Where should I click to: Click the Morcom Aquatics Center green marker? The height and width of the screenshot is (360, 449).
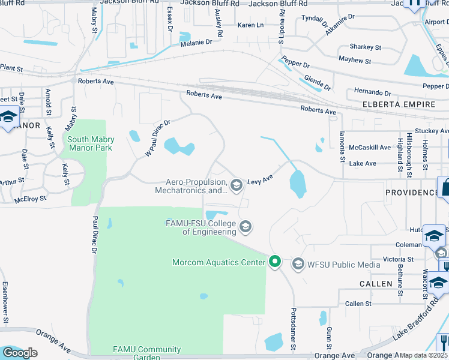tap(275, 262)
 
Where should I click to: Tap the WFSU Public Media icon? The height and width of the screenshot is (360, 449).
tap(298, 263)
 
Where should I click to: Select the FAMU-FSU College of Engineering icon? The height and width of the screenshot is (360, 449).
tap(245, 227)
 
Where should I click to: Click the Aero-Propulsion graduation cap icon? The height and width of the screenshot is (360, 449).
tap(236, 184)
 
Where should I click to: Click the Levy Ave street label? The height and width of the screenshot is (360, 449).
tap(261, 179)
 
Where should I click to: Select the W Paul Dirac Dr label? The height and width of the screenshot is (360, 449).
tap(157, 138)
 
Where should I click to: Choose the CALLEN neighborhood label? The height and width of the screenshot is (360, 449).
tap(375, 283)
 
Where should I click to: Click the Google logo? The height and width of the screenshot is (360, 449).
tap(20, 352)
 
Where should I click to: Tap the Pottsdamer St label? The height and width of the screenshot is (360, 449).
tap(294, 329)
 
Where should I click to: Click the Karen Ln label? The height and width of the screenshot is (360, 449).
tap(250, 25)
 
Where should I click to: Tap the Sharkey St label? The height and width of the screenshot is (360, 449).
tap(365, 47)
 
